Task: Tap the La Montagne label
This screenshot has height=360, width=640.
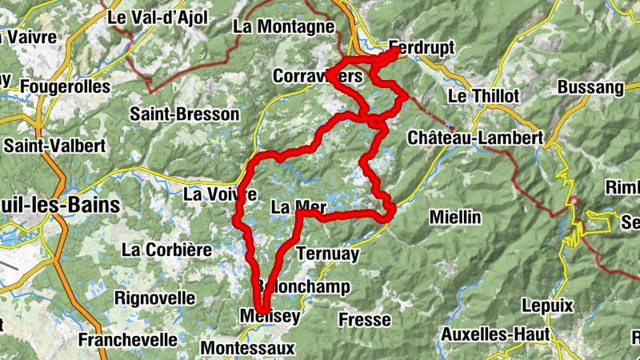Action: pyautogui.click(x=282, y=26)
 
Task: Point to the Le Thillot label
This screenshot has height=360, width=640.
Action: pyautogui.click(x=483, y=96)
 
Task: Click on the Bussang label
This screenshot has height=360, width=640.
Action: pyautogui.click(x=590, y=86)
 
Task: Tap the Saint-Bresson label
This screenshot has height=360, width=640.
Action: pyautogui.click(x=185, y=114)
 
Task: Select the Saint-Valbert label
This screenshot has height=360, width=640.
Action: pyautogui.click(x=55, y=146)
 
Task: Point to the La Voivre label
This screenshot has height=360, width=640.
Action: pyautogui.click(x=219, y=194)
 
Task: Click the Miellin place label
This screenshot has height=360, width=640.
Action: pyautogui.click(x=455, y=217)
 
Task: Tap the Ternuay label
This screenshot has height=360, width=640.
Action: pyautogui.click(x=328, y=254)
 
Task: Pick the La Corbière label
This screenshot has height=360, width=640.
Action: pyautogui.click(x=167, y=250)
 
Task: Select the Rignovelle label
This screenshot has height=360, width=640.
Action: pyautogui.click(x=155, y=298)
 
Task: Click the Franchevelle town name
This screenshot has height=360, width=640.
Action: pyautogui.click(x=128, y=339)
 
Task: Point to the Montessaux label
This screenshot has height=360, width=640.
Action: pyautogui.click(x=247, y=349)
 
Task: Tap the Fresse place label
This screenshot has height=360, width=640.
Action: pyautogui.click(x=365, y=320)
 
